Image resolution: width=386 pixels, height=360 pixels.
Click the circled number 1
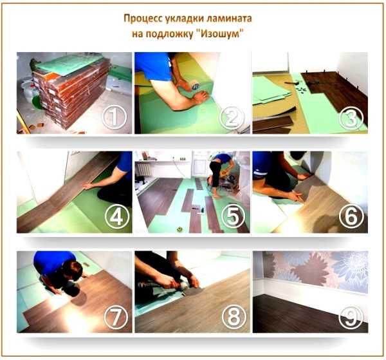pyautogui.click(x=115, y=117)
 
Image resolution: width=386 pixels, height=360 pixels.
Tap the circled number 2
pyautogui.click(x=232, y=118)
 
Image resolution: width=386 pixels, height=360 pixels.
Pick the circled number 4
pyautogui.click(x=117, y=216)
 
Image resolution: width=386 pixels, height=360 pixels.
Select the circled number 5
pyautogui.click(x=233, y=216)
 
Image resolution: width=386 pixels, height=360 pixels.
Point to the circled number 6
pyautogui.click(x=351, y=216)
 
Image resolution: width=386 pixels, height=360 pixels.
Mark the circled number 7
pyautogui.click(x=116, y=317)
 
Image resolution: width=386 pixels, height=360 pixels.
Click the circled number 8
pyautogui.click(x=234, y=317)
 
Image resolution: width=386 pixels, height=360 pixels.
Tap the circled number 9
pyautogui.click(x=351, y=317)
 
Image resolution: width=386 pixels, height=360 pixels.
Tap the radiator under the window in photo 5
pyautogui.click(x=143, y=170)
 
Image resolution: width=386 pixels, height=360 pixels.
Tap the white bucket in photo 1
pyautogui.click(x=30, y=91)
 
